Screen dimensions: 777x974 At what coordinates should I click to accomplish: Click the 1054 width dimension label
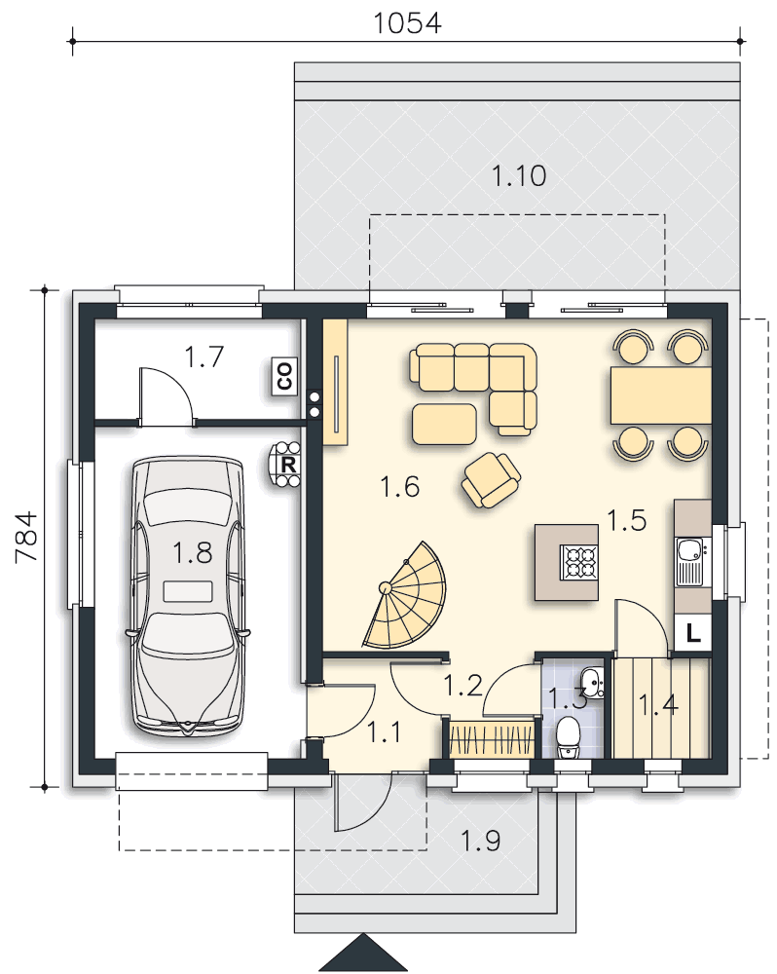pyautogui.click(x=407, y=23)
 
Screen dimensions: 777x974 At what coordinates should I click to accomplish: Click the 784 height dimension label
pyautogui.click(x=26, y=537)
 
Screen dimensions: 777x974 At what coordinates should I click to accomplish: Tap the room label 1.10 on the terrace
pyautogui.click(x=519, y=175)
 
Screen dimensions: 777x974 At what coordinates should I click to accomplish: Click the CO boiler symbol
pyautogui.click(x=285, y=376)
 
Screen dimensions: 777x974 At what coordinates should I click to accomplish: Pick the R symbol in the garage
pyautogui.click(x=286, y=465)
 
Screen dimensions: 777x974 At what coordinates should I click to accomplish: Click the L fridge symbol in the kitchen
pyautogui.click(x=692, y=633)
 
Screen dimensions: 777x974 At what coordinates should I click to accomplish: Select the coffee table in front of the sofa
pyautogui.click(x=444, y=424)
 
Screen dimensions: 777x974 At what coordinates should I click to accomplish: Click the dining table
pyautogui.click(x=661, y=395)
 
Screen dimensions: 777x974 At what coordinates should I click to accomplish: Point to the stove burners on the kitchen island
pyautogui.click(x=579, y=562)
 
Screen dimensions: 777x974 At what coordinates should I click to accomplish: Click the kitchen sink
pyautogui.click(x=689, y=562)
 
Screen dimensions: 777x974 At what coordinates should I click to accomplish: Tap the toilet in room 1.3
pyautogui.click(x=568, y=737)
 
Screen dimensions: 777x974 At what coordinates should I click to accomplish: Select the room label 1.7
pyautogui.click(x=204, y=357)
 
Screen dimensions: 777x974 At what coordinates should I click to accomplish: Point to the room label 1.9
pyautogui.click(x=481, y=842)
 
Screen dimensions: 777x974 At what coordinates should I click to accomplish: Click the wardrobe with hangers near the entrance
pyautogui.click(x=492, y=739)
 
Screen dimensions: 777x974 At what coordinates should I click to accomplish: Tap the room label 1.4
pyautogui.click(x=658, y=705)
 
